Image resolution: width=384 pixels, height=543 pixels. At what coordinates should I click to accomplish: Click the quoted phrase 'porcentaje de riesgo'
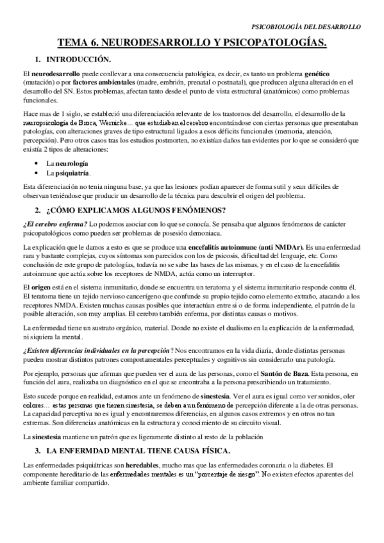click(x=221, y=473)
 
